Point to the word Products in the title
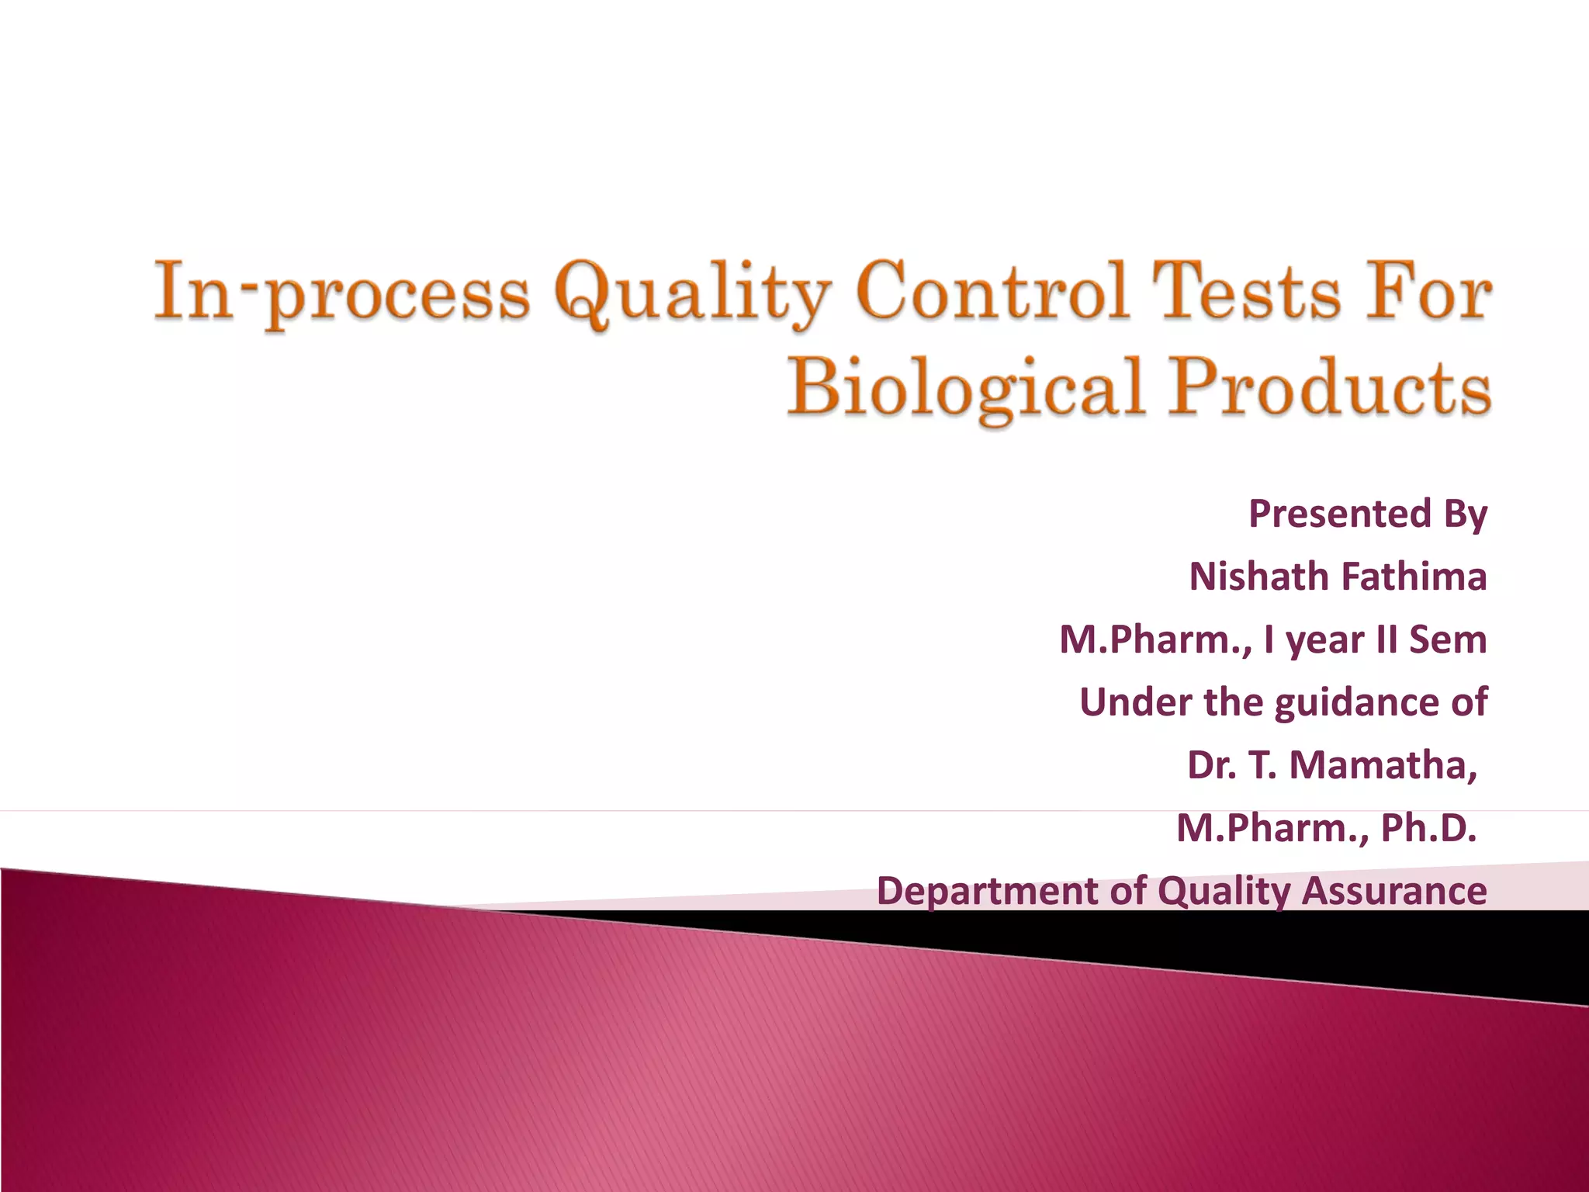1331,386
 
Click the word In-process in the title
341,295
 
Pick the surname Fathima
1414,577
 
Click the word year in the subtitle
1325,641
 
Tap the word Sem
1448,639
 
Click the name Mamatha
1383,765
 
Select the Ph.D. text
1428,828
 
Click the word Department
988,891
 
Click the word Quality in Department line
1224,892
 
